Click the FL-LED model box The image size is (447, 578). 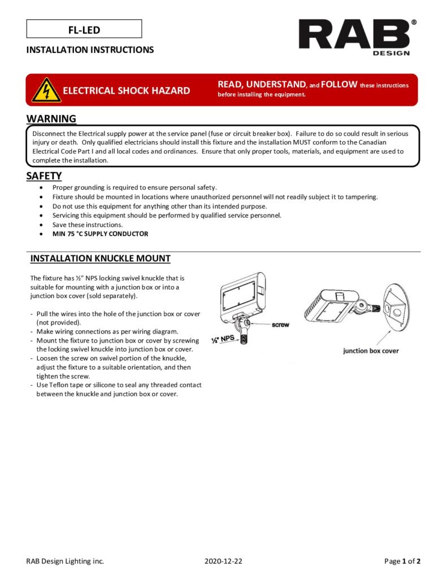point(84,29)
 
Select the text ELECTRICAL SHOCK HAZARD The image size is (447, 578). point(126,90)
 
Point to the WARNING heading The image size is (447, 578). point(51,119)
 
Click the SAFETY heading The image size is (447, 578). point(44,176)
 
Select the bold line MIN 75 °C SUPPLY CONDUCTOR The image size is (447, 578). point(100,234)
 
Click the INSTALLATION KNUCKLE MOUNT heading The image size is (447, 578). point(100,259)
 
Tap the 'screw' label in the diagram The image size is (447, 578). point(280,325)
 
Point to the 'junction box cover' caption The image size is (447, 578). point(370,351)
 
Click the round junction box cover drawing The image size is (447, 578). point(398,308)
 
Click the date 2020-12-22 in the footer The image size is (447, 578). point(224,561)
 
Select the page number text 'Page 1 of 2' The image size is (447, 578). point(402,561)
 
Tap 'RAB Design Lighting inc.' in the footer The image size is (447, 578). point(65,561)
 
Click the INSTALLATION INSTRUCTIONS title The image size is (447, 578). point(90,50)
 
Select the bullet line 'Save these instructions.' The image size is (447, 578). point(87,225)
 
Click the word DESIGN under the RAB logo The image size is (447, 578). point(391,54)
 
